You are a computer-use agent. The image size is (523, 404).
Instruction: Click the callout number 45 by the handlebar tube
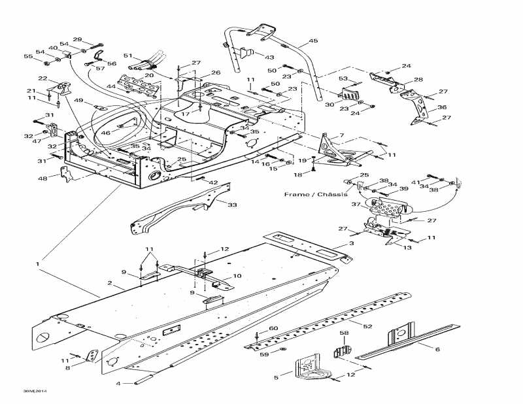click(x=313, y=41)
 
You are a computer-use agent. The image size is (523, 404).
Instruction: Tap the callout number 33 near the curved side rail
click(x=231, y=205)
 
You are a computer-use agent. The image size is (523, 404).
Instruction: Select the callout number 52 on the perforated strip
click(x=367, y=325)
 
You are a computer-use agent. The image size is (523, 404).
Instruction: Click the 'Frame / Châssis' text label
click(x=312, y=195)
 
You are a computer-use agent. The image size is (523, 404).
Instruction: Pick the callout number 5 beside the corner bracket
click(x=277, y=377)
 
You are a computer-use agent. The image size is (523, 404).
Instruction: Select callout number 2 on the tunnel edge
click(x=111, y=284)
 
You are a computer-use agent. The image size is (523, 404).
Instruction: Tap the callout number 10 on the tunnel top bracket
click(x=237, y=277)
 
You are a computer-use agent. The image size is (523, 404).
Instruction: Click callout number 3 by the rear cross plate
click(x=351, y=243)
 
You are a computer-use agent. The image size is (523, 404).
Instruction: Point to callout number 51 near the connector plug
click(x=127, y=56)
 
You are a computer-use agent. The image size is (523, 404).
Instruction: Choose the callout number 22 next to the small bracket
click(x=42, y=78)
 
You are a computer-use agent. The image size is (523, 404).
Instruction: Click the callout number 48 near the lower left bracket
click(x=42, y=178)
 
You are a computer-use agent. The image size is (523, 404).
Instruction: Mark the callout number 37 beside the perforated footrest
click(x=356, y=205)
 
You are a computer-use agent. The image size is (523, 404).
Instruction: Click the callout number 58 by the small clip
click(x=345, y=334)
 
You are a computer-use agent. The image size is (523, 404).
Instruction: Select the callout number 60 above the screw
click(x=273, y=328)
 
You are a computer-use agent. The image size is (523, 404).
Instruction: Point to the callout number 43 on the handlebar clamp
click(x=269, y=57)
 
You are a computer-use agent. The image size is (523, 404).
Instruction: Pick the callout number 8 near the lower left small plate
click(x=67, y=369)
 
